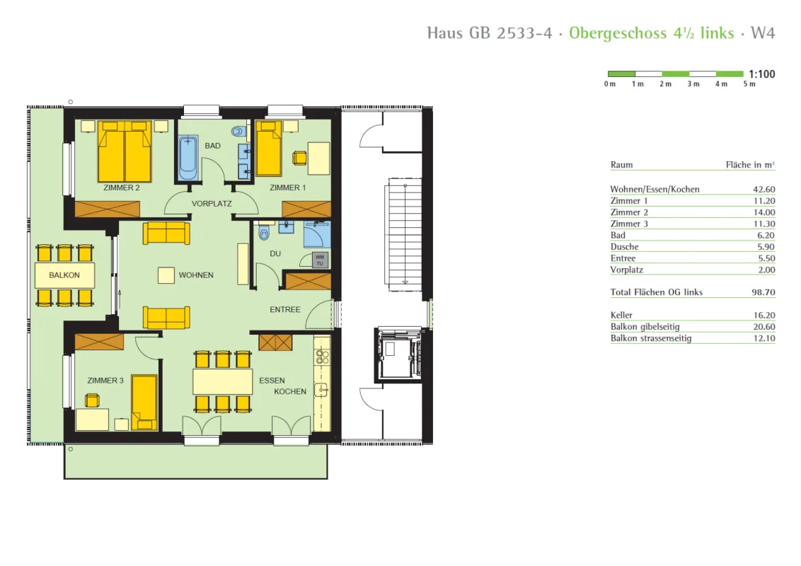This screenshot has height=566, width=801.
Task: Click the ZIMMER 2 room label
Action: [x=122, y=187]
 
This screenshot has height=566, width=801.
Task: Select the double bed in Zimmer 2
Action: [x=125, y=151]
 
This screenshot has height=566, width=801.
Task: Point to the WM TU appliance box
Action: [x=320, y=260]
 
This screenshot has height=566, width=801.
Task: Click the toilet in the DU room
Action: [x=264, y=232]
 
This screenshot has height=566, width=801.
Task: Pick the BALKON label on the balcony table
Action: [x=64, y=275]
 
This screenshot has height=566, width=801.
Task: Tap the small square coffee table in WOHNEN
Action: [x=166, y=275]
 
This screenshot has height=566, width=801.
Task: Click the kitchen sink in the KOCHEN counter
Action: [x=321, y=391]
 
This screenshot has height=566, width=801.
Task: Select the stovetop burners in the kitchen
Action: [x=322, y=356]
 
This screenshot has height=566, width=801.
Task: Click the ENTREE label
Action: [x=285, y=310]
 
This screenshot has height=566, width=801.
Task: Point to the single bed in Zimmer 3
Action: [x=144, y=403]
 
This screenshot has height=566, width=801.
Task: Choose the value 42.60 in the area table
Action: [x=763, y=189]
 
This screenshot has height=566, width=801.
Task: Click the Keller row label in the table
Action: [x=621, y=315]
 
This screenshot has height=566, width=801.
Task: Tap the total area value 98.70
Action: [x=763, y=292]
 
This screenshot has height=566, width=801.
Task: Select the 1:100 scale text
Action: [x=761, y=74]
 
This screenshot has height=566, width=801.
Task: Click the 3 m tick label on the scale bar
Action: [x=693, y=83]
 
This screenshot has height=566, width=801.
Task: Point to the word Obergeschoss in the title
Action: [x=618, y=33]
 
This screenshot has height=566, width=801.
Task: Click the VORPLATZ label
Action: [x=212, y=203]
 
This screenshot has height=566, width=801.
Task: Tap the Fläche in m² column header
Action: [x=750, y=164]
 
